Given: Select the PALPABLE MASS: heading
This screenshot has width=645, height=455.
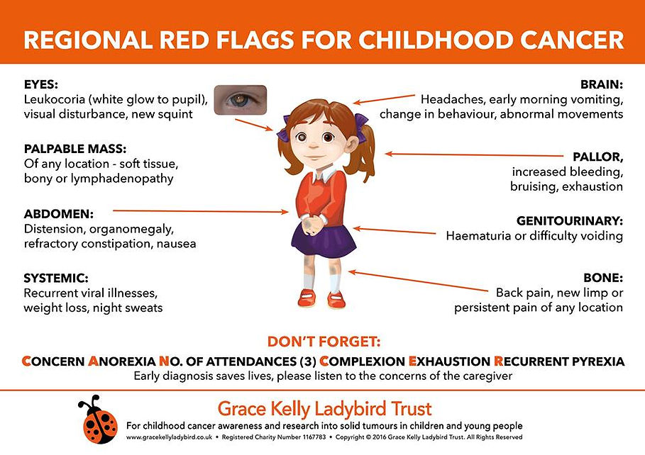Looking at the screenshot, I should tap(75, 149).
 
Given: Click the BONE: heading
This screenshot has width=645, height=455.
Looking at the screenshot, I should tap(603, 278).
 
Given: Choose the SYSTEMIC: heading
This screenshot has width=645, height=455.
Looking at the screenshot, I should tap(55, 278).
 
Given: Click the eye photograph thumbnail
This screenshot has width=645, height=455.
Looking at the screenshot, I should tap(239, 100).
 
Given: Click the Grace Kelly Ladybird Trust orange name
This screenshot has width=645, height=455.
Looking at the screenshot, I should tap(324, 409).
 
